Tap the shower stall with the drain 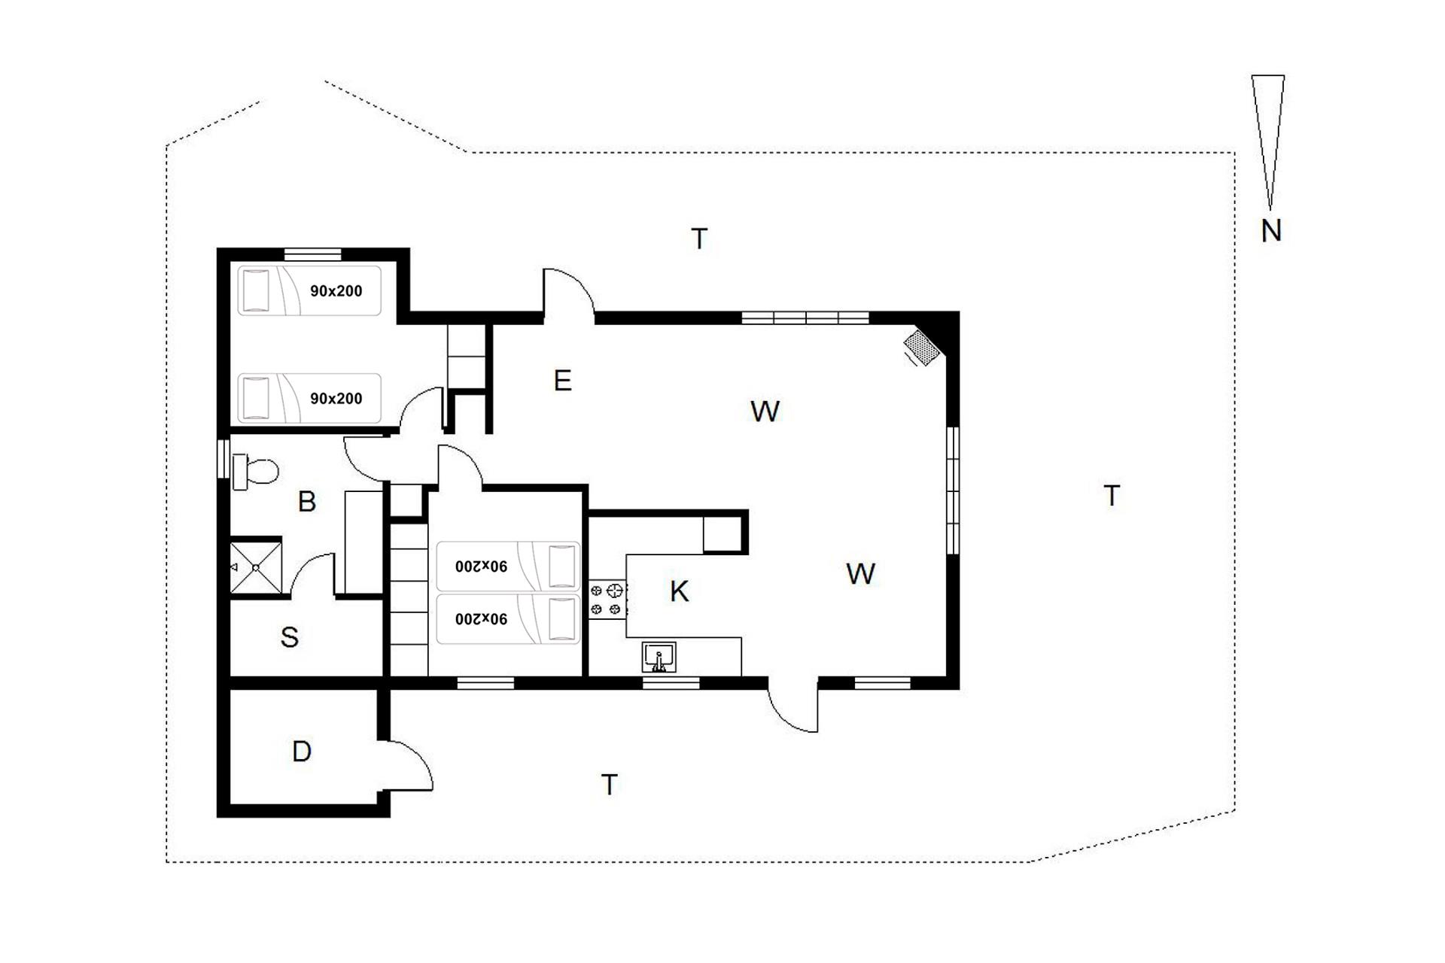point(255,567)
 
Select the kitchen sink point(659,657)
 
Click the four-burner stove point(607,599)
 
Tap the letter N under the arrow point(1271,231)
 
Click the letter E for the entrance point(562,381)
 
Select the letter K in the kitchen point(679,591)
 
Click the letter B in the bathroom point(306,502)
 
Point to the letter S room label point(290,637)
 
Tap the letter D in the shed point(302,752)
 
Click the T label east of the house point(1112,496)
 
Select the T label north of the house point(700,238)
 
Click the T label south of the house point(610,785)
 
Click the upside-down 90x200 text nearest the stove point(481,566)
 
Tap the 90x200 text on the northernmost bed point(336,290)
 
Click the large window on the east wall point(953,491)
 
